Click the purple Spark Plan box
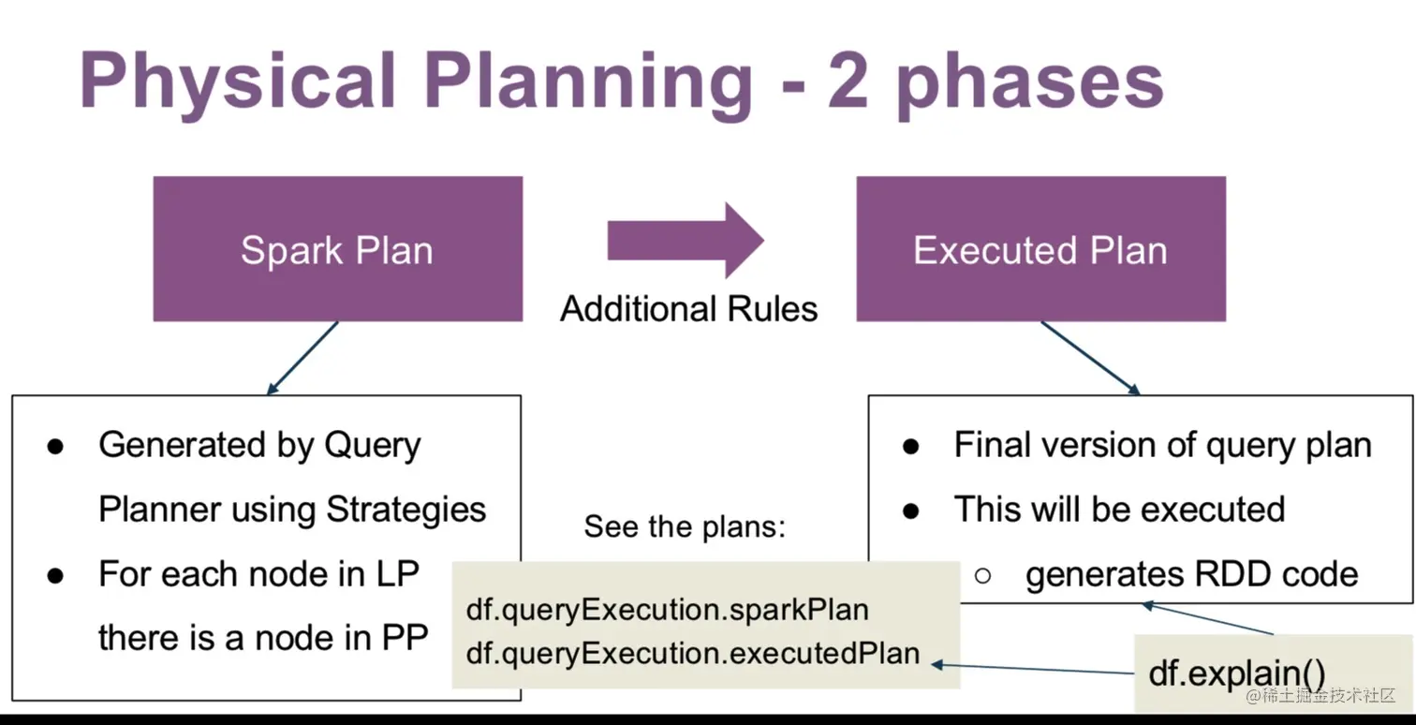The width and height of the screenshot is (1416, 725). (x=337, y=249)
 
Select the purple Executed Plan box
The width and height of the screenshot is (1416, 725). (x=1040, y=249)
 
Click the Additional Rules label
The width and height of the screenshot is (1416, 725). (x=688, y=309)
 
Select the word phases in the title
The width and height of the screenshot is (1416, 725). (x=1030, y=84)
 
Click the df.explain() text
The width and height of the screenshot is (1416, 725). (x=1236, y=672)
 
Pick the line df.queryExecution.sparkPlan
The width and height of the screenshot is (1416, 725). (x=667, y=610)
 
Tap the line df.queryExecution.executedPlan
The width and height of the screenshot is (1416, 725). (x=692, y=653)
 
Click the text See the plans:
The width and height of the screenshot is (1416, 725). (x=685, y=526)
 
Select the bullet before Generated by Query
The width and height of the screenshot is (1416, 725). (x=55, y=446)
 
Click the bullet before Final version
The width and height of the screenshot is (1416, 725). (x=910, y=446)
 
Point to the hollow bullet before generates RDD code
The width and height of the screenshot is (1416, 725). (x=981, y=575)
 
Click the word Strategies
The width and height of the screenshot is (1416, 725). (x=406, y=510)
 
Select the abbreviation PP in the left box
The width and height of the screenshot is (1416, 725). (x=404, y=638)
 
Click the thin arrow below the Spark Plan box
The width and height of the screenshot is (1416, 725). (x=302, y=357)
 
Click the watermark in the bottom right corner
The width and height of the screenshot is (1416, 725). (x=1320, y=695)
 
